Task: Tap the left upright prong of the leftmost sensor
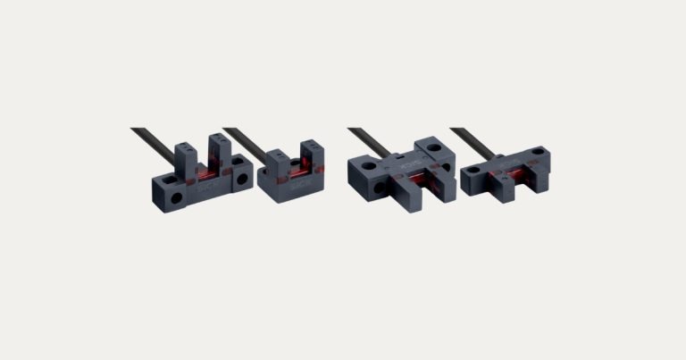[186, 153]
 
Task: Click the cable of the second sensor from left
[241, 143]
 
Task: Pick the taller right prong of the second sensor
[309, 154]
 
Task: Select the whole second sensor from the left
[290, 174]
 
